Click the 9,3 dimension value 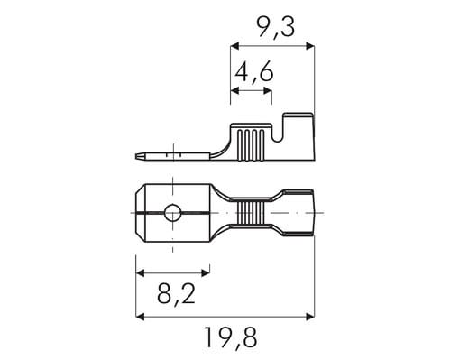pyautogui.click(x=277, y=28)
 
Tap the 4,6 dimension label pyautogui.click(x=254, y=72)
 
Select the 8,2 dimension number pyautogui.click(x=177, y=293)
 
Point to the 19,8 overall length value pyautogui.click(x=231, y=337)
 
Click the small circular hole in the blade pyautogui.click(x=172, y=213)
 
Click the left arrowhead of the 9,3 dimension pyautogui.click(x=234, y=46)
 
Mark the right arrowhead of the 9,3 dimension pyautogui.click(x=310, y=46)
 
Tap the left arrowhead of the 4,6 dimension pyautogui.click(x=234, y=90)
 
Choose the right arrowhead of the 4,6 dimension pyautogui.click(x=268, y=90)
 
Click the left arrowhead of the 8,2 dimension pyautogui.click(x=140, y=272)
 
